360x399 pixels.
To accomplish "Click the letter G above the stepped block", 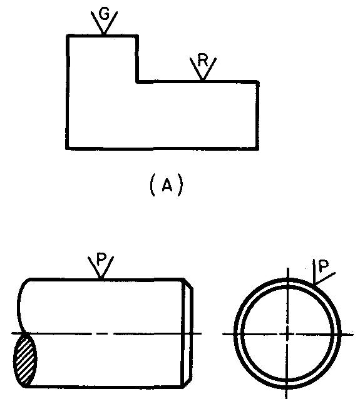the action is click(x=104, y=14).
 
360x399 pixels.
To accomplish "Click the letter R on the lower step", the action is click(x=203, y=61).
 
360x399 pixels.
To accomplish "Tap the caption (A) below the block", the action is click(x=166, y=185).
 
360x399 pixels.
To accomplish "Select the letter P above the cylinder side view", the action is click(x=101, y=260).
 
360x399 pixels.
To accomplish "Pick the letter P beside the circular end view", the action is click(x=324, y=266).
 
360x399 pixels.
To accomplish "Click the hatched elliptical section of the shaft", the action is click(x=25, y=360).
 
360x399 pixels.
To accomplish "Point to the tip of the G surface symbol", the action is click(x=103, y=34).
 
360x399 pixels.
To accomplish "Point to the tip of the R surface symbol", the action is click(x=203, y=80).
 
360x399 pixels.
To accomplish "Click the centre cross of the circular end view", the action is click(x=288, y=333).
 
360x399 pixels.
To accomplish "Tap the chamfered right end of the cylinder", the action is click(x=188, y=333).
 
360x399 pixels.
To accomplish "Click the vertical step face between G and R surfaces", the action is click(x=137, y=59).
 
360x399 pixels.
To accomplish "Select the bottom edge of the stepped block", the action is click(x=162, y=148).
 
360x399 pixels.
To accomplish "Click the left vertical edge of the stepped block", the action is click(x=68, y=91).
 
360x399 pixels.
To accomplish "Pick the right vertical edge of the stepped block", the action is click(x=257, y=115).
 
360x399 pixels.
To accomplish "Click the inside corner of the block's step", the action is click(x=137, y=82).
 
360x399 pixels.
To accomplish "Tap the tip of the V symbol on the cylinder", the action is click(x=101, y=278).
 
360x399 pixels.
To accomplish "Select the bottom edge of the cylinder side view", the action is click(x=105, y=386).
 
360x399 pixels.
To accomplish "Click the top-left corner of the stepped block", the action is click(x=68, y=36).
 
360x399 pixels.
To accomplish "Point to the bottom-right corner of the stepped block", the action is click(x=257, y=148).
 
